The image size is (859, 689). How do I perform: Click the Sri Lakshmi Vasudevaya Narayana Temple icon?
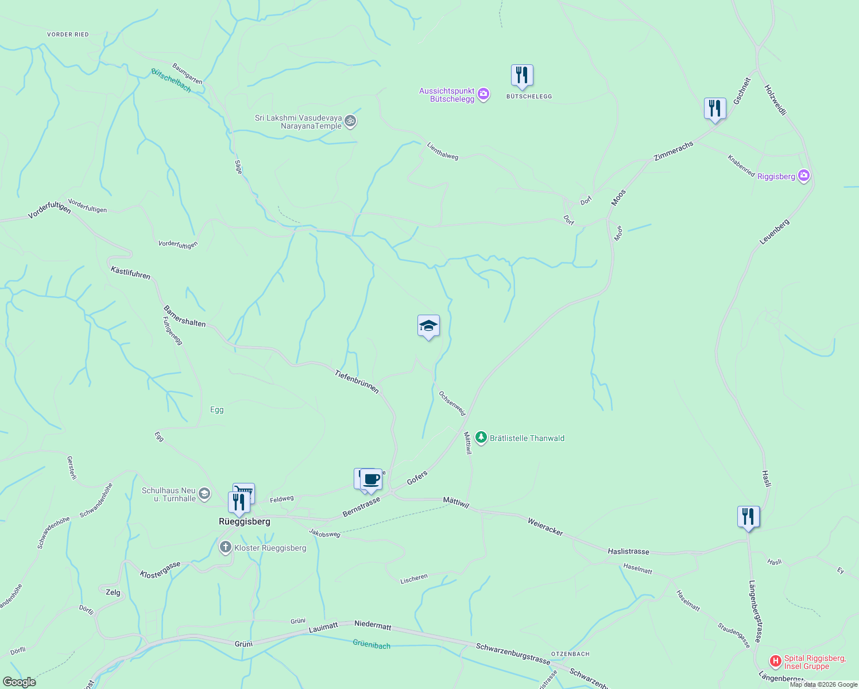coord(351,122)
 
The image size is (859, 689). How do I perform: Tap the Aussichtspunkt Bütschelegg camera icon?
coord(483,94)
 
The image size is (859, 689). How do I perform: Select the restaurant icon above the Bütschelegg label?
coord(522,75)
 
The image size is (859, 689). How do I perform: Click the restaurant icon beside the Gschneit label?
coord(715,109)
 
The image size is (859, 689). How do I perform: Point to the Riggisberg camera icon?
coord(804,176)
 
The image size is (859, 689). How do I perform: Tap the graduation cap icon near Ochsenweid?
coord(428,326)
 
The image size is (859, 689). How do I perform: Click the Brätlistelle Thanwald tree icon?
coord(481,438)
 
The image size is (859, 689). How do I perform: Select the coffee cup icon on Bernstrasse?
coord(371,479)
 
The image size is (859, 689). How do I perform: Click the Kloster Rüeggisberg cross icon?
coord(226,548)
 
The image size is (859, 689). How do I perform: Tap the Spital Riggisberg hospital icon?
coord(776,662)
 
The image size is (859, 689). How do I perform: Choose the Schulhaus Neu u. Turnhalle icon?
coord(204,494)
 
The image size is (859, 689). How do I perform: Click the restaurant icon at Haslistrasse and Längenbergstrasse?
coord(748,517)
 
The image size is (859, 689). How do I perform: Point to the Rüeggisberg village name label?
coord(245,522)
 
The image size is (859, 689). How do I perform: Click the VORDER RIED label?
coord(68,34)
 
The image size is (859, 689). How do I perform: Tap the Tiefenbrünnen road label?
coord(357,382)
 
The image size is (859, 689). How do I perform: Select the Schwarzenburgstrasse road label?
coord(513,654)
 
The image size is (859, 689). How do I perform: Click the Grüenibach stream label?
coord(372,645)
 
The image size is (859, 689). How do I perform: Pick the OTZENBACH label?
coord(570,654)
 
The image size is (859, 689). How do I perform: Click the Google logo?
coord(19,682)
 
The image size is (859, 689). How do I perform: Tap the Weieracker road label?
coord(545,526)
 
